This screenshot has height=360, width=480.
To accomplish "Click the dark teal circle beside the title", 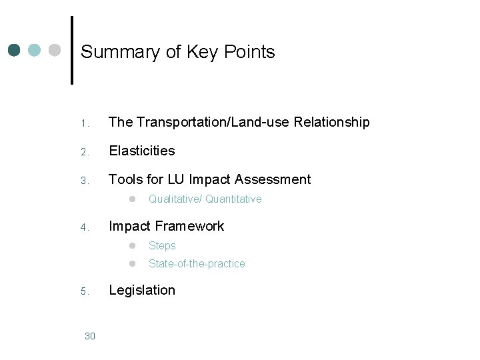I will click(15, 50).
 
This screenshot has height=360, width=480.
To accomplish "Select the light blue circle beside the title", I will click(35, 50).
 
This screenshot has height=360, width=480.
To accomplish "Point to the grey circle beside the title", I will click(55, 50).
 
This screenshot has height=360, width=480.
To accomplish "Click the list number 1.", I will click(84, 123).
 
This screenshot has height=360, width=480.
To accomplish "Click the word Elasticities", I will click(141, 151).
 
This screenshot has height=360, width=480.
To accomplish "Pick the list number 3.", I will click(84, 181).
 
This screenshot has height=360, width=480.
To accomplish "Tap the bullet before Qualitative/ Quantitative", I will click(133, 199).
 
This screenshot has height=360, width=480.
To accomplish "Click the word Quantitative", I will click(233, 199).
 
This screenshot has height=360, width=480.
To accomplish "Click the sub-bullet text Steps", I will click(162, 245).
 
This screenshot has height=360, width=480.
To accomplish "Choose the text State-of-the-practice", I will click(197, 263).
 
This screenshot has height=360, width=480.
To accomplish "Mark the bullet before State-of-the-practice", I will click(133, 263).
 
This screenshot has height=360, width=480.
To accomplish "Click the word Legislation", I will click(142, 290).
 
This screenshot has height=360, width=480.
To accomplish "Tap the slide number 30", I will click(91, 336).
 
